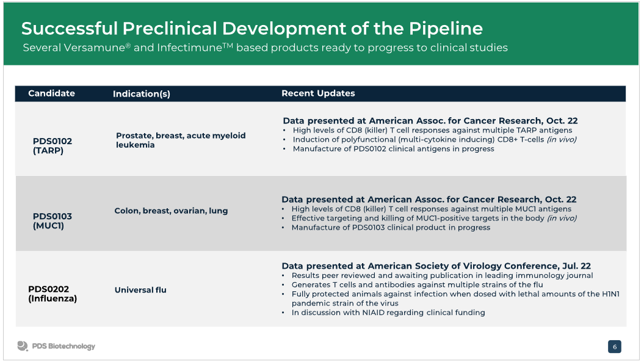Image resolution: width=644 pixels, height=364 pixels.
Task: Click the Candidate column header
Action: [51, 93]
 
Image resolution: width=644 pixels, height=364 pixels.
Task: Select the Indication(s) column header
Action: [141, 93]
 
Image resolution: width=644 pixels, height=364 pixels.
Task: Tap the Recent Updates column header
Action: [318, 93]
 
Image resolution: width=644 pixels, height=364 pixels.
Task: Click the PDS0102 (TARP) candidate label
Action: [52, 146]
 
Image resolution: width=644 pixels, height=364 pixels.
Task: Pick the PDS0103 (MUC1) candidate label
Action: [52, 220]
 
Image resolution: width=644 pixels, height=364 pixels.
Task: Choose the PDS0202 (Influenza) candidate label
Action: [52, 294]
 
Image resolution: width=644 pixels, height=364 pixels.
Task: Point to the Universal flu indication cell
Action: [140, 290]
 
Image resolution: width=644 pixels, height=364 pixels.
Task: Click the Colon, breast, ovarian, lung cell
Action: [171, 211]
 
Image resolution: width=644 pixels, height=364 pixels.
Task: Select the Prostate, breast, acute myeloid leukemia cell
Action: [181, 140]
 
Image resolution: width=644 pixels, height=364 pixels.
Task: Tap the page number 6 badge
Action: [615, 347]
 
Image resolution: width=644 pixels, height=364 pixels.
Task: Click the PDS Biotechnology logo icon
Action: [23, 346]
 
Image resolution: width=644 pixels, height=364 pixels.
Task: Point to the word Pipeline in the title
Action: [446, 28]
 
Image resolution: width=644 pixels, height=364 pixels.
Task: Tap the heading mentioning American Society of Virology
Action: [436, 266]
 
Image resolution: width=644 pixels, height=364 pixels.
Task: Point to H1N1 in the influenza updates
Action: [611, 294]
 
